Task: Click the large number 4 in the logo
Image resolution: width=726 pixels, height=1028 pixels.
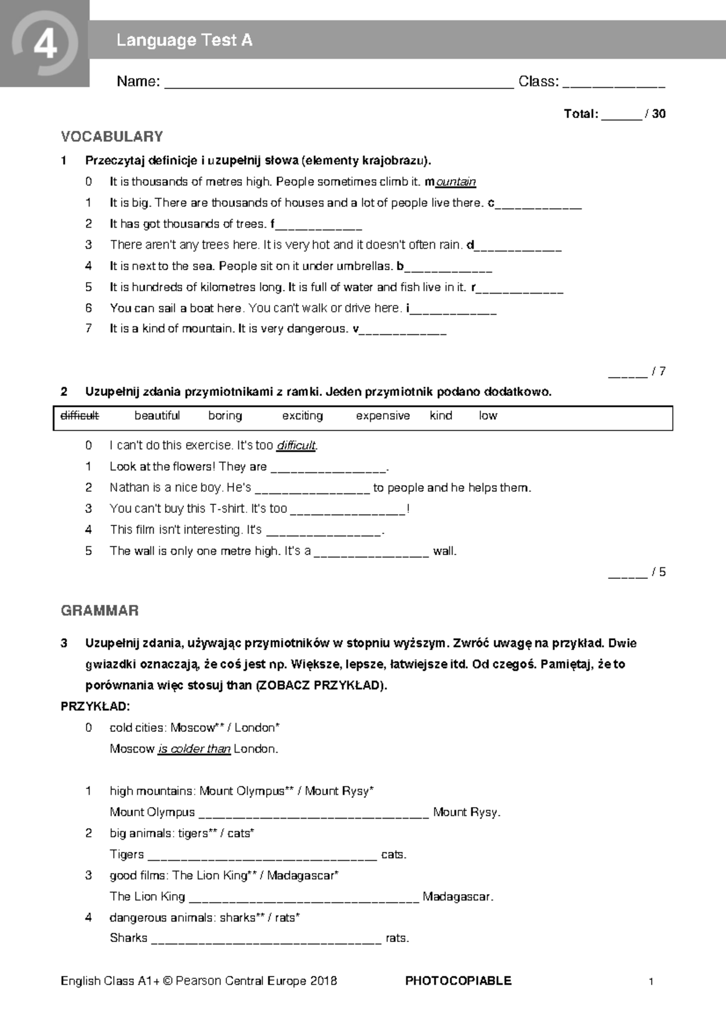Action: pyautogui.click(x=45, y=44)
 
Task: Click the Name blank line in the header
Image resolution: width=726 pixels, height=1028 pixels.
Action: pyautogui.click(x=339, y=84)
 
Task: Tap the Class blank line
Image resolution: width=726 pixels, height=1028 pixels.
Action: pyautogui.click(x=613, y=84)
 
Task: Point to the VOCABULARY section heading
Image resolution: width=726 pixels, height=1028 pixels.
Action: pyautogui.click(x=112, y=137)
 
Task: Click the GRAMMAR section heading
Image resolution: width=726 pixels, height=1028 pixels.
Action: pyautogui.click(x=100, y=610)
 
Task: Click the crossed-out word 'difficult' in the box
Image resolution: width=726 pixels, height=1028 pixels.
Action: pyautogui.click(x=80, y=416)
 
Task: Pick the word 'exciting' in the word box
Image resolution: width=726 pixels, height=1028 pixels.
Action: pyautogui.click(x=302, y=416)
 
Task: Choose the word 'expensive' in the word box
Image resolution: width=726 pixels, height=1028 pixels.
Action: pyautogui.click(x=383, y=416)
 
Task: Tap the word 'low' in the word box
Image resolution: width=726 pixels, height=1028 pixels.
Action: pyautogui.click(x=488, y=416)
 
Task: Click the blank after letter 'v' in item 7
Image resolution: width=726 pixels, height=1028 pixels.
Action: pyautogui.click(x=403, y=331)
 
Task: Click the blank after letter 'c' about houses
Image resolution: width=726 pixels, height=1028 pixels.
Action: pyautogui.click(x=538, y=205)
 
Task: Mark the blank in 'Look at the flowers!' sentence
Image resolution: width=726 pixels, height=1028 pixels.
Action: pyautogui.click(x=329, y=469)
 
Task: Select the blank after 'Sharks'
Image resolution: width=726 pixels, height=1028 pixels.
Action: pyautogui.click(x=266, y=940)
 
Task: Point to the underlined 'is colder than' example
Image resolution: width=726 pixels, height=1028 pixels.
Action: pyautogui.click(x=194, y=749)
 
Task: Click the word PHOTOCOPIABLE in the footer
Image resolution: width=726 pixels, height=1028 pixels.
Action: pyautogui.click(x=458, y=981)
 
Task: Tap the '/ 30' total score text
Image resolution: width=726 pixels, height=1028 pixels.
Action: pyautogui.click(x=655, y=114)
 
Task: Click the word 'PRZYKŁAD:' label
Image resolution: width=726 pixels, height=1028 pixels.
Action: pyautogui.click(x=96, y=707)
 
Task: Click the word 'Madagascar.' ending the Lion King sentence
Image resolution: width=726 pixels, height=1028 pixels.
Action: pyautogui.click(x=458, y=897)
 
